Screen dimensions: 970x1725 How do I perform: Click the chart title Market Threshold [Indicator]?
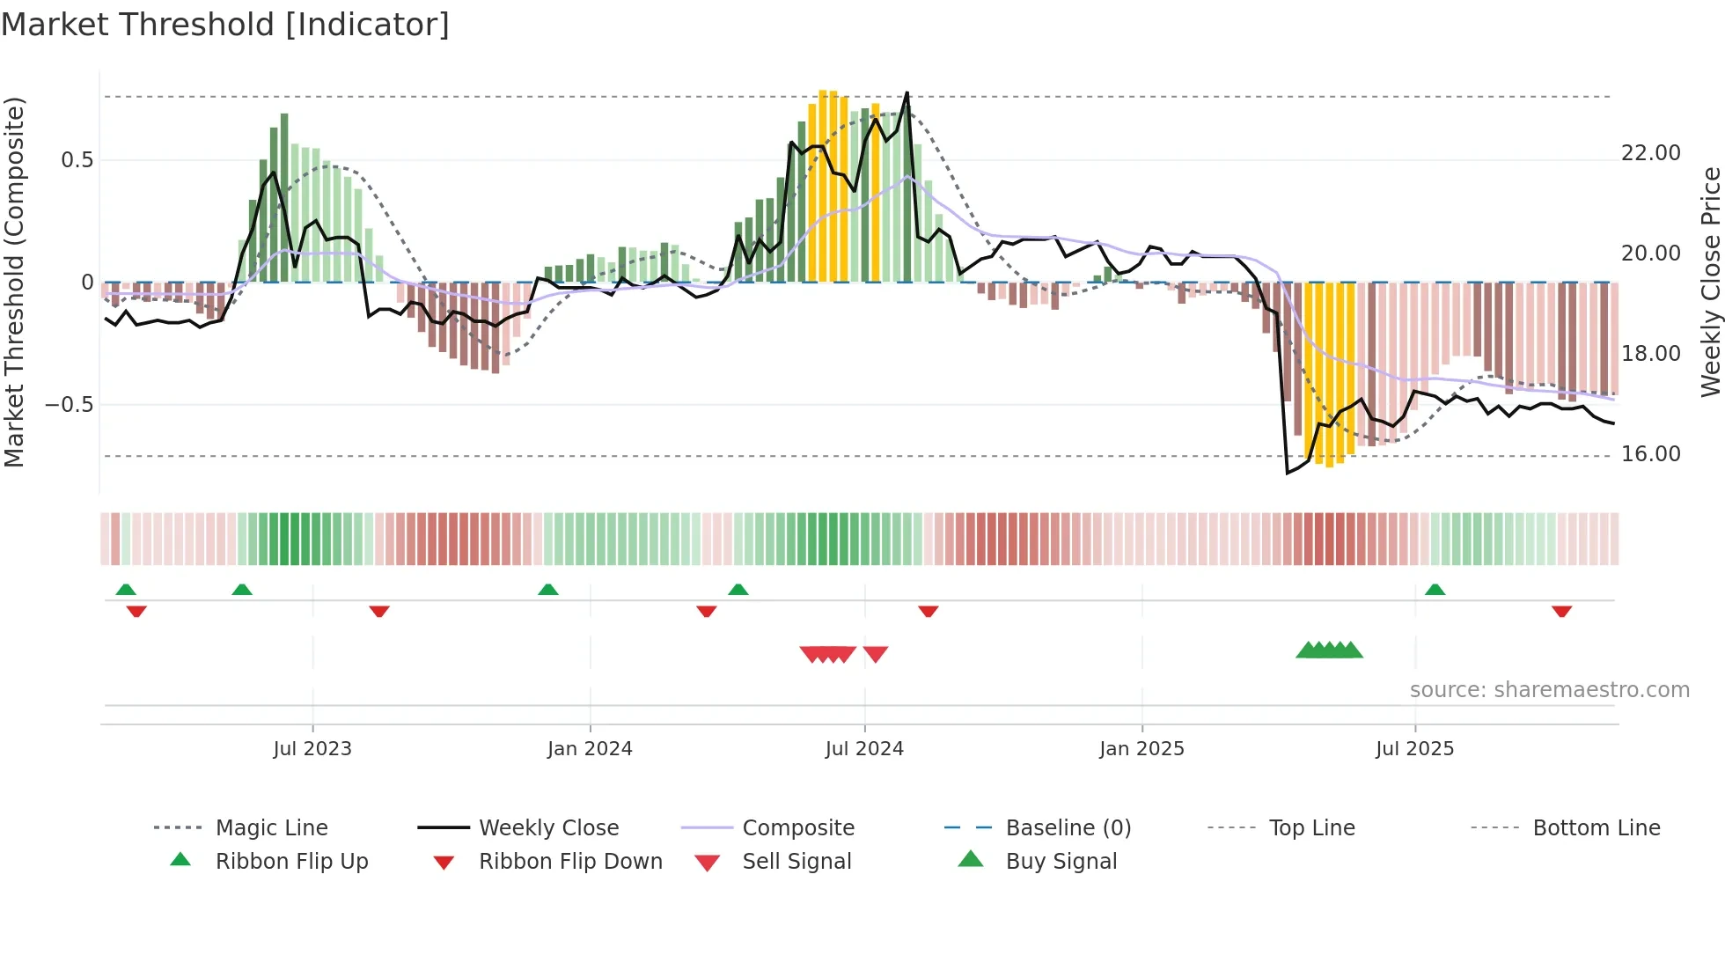[225, 25]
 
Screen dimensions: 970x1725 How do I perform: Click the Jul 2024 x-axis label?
[864, 749]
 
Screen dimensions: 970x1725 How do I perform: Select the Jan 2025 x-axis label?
[1141, 749]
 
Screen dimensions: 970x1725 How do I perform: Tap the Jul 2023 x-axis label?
[312, 749]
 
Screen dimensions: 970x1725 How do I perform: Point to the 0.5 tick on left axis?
[77, 160]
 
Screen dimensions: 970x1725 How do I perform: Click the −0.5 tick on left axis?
[70, 405]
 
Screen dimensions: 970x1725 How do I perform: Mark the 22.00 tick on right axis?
[1651, 153]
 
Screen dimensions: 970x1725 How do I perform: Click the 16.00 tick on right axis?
[1651, 454]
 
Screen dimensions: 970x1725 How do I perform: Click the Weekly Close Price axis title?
[1710, 282]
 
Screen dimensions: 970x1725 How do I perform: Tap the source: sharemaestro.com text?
[1549, 690]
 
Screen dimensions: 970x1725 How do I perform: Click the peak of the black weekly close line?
[907, 92]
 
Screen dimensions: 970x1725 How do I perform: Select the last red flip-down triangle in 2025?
[1561, 612]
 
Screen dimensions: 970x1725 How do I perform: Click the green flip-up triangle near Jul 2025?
[1435, 590]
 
